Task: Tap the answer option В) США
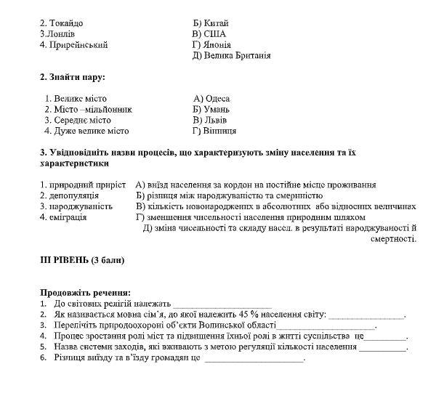pyautogui.click(x=209, y=34)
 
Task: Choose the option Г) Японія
pyautogui.click(x=211, y=45)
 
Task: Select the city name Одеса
pyautogui.click(x=217, y=99)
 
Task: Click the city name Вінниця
pyautogui.click(x=219, y=131)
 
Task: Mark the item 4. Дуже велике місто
pyautogui.click(x=86, y=131)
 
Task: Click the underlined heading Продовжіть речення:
pyautogui.click(x=80, y=292)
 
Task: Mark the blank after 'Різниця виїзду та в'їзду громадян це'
pyautogui.click(x=254, y=358)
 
